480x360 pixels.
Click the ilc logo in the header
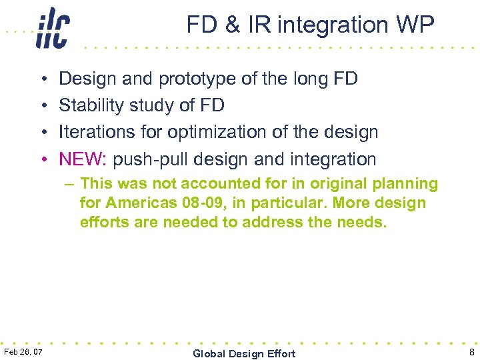53,28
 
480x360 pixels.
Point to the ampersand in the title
233,25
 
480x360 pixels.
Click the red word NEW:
84,159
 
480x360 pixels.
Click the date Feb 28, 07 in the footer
22,351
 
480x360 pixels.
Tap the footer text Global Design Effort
244,353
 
